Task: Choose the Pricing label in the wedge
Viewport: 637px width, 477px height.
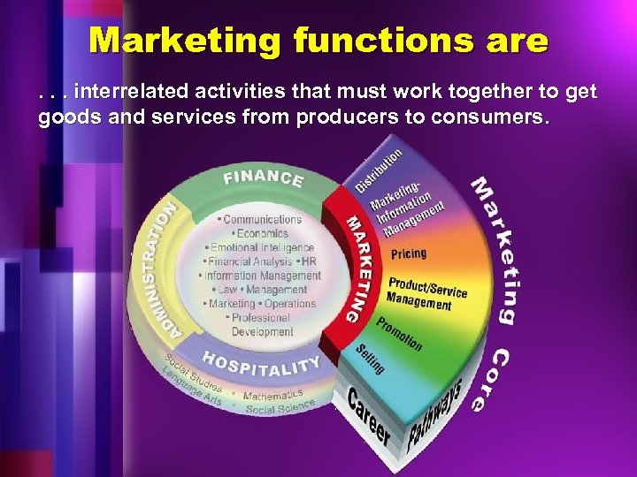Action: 409,254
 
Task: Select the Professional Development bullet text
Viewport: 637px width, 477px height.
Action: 262,324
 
